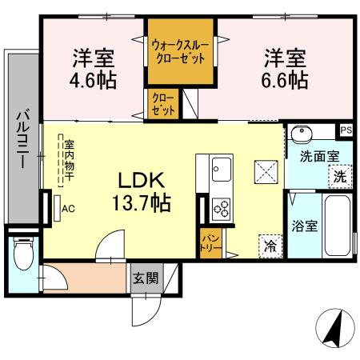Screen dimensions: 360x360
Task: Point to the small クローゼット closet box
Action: point(163,104)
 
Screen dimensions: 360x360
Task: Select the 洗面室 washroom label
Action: point(319,158)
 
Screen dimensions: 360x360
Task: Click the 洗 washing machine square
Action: point(340,176)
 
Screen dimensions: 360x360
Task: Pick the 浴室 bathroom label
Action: point(306,226)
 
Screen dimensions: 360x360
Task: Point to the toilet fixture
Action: point(22,256)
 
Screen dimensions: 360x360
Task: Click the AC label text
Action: point(68,210)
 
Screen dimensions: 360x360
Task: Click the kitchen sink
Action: point(222,170)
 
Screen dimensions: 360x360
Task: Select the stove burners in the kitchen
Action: point(221,209)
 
